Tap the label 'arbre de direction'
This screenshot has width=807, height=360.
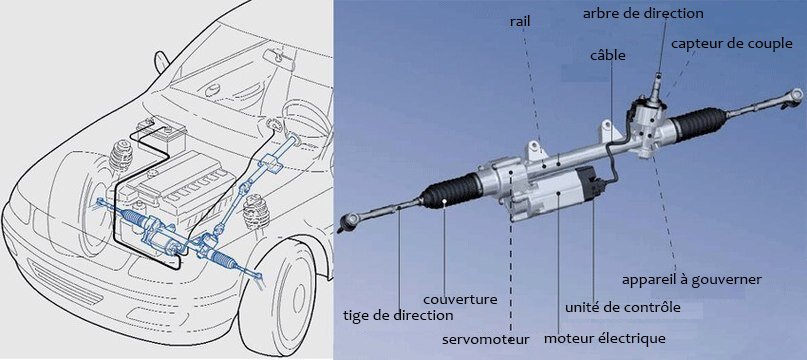pyautogui.click(x=642, y=13)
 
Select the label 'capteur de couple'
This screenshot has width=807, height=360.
pyautogui.click(x=731, y=44)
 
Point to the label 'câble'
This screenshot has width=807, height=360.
pyautogui.click(x=609, y=55)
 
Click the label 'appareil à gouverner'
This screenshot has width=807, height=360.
pyautogui.click(x=692, y=280)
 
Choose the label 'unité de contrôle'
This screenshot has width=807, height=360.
pyautogui.click(x=623, y=307)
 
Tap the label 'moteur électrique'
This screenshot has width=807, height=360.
pyautogui.click(x=605, y=339)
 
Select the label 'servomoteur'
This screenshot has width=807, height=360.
pyautogui.click(x=486, y=339)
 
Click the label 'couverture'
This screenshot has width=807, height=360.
pyautogui.click(x=460, y=299)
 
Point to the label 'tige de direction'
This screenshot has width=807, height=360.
pyautogui.click(x=398, y=315)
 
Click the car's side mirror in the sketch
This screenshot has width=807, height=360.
pyautogui.click(x=162, y=61)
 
